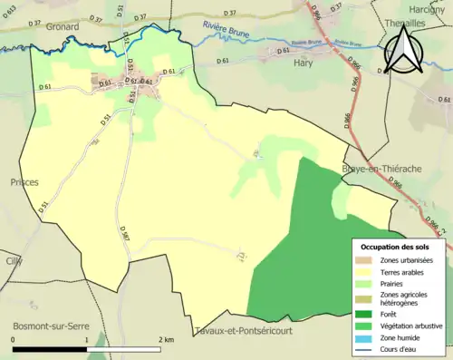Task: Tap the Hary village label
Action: pos(304,63)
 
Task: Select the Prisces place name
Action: pos(24,182)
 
